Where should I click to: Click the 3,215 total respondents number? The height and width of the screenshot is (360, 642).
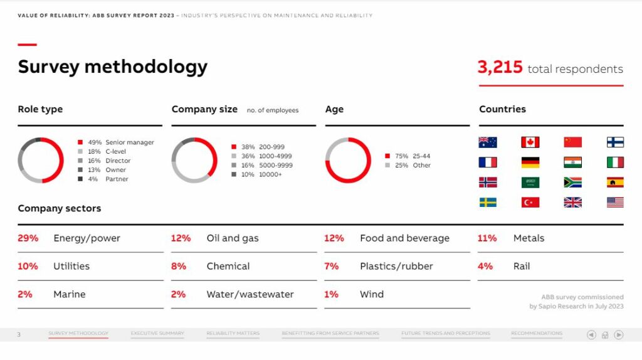[x=500, y=68]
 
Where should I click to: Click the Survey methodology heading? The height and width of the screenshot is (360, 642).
[x=112, y=66]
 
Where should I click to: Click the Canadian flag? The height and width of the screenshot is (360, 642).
[x=530, y=142]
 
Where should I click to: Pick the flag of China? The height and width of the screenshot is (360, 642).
[x=572, y=142]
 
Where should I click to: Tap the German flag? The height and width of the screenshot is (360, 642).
[x=530, y=162]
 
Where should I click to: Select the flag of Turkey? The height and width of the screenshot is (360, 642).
[x=530, y=203]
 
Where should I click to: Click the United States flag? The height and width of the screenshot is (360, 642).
[x=615, y=203]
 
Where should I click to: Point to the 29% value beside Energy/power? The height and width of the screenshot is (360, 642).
[x=28, y=238]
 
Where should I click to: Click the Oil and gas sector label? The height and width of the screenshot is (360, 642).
[x=233, y=238]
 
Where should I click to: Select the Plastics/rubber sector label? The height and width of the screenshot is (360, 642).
[x=396, y=267]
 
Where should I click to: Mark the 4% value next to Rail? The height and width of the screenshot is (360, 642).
[x=485, y=267]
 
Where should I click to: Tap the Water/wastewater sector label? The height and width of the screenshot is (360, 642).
[x=250, y=294]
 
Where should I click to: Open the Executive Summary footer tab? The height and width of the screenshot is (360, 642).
[x=157, y=334]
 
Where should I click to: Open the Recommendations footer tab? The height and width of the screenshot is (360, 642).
[x=537, y=334]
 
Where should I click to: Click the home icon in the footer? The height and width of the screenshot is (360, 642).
[x=605, y=335]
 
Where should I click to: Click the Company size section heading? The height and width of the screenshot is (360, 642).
[x=204, y=109]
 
